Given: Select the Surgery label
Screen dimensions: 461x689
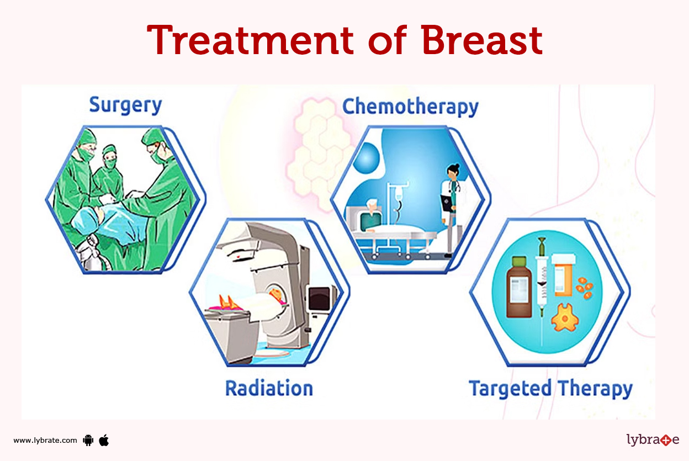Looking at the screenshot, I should coord(125,105).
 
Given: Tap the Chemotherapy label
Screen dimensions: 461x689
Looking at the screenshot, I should coord(410,107).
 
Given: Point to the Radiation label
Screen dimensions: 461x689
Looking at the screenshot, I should coord(269,388).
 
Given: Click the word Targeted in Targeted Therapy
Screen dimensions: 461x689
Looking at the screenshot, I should coord(510,389).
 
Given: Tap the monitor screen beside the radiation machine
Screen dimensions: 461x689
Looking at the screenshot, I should coord(319,298).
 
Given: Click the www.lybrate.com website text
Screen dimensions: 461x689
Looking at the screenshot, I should coord(45,440).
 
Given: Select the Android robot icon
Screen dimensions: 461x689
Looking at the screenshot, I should coord(87,440).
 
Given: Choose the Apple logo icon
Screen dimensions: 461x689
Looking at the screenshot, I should coord(104,440).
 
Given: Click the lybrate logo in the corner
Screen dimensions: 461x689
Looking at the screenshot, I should coord(653,440).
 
